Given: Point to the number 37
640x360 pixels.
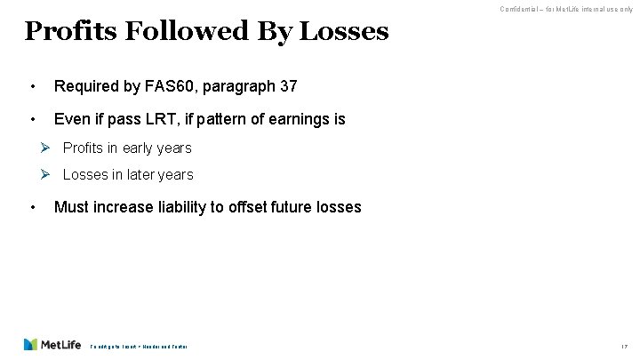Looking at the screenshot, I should (x=287, y=86).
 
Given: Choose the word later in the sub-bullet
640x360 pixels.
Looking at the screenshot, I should (x=142, y=175).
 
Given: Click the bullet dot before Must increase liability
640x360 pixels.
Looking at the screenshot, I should (x=33, y=207).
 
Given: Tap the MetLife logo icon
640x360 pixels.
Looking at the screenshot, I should (x=31, y=344).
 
